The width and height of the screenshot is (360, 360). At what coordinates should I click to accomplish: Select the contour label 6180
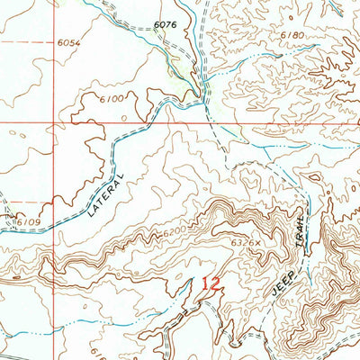tap(280, 34)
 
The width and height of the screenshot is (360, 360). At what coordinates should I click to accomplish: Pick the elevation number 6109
tap(29, 220)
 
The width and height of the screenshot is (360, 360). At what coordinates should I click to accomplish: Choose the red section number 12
tap(211, 283)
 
